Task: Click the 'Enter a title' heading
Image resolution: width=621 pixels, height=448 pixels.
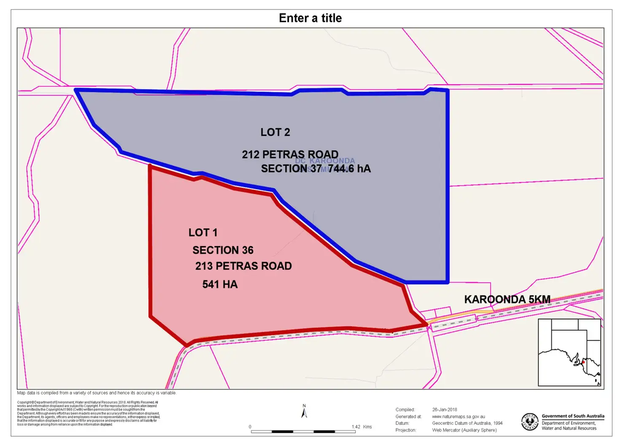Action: pyautogui.click(x=310, y=18)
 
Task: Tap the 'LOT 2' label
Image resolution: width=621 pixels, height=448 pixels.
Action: pyautogui.click(x=275, y=132)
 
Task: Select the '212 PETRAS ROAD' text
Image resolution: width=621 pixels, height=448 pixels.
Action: pyautogui.click(x=290, y=154)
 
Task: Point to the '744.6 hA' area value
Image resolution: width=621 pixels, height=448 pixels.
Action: pyautogui.click(x=349, y=169)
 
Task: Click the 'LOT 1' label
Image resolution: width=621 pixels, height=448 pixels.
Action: pyautogui.click(x=203, y=233)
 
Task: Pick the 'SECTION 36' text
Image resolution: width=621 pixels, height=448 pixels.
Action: pyautogui.click(x=223, y=250)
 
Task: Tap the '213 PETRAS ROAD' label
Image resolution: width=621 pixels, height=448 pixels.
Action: pyautogui.click(x=243, y=266)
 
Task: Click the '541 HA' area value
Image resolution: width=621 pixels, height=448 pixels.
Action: pyautogui.click(x=220, y=284)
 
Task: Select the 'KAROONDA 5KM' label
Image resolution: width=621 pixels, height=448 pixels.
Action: pyautogui.click(x=507, y=299)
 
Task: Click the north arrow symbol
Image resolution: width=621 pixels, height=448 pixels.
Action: pyautogui.click(x=304, y=412)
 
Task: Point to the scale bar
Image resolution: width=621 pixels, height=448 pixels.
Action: pyautogui.click(x=303, y=432)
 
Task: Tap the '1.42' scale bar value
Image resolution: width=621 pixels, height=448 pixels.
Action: pyautogui.click(x=356, y=427)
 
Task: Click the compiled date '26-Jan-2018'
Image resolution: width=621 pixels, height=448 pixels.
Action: pyautogui.click(x=444, y=410)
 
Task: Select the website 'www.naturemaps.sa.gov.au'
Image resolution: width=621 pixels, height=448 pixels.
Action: pyautogui.click(x=458, y=416)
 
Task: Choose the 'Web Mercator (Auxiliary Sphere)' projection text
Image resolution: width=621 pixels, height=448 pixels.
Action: pyautogui.click(x=464, y=430)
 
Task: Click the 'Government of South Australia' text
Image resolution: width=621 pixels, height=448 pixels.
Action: pyautogui.click(x=572, y=416)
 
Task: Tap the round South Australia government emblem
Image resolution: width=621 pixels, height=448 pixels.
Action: pyautogui.click(x=530, y=422)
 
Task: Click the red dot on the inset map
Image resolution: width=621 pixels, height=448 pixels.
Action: pyautogui.click(x=583, y=362)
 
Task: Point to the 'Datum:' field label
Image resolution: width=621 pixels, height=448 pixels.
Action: pyautogui.click(x=402, y=423)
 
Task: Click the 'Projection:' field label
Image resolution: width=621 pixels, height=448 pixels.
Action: pyautogui.click(x=405, y=430)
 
